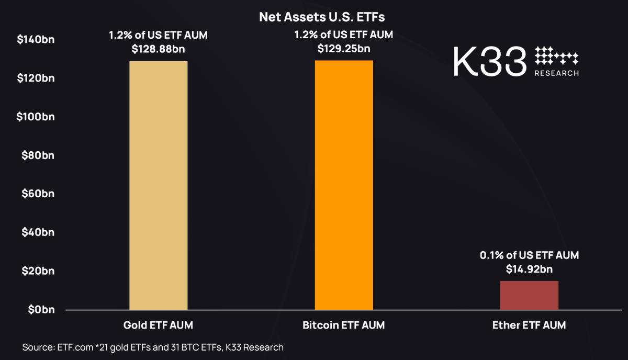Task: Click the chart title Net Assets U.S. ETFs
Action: (x=322, y=17)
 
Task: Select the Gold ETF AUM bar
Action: (x=158, y=185)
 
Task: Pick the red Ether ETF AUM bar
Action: (x=529, y=295)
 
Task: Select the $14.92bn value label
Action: (x=529, y=269)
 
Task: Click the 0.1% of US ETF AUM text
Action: (x=529, y=256)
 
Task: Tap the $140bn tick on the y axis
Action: (x=36, y=40)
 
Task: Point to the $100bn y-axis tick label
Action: (x=36, y=117)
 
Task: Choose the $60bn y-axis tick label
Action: (x=38, y=194)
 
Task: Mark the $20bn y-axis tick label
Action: (x=38, y=271)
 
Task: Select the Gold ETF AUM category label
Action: (x=158, y=325)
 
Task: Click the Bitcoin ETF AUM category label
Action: (x=343, y=325)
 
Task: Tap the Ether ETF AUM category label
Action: (x=529, y=325)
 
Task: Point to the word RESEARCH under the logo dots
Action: (x=556, y=73)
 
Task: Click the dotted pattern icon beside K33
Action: (x=556, y=55)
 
